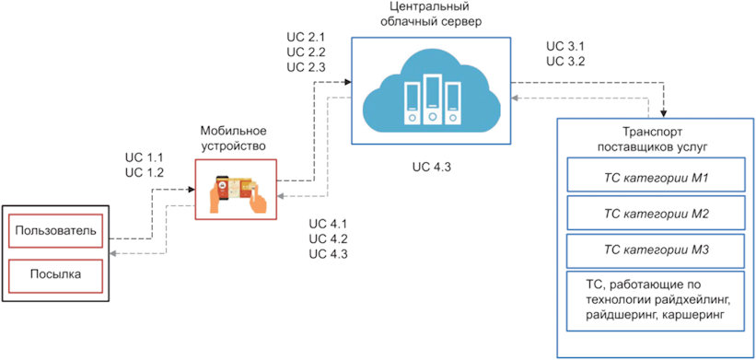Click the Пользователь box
pyautogui.click(x=55, y=230)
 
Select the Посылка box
pyautogui.click(x=55, y=276)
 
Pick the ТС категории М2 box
pyautogui.click(x=656, y=212)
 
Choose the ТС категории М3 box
pyautogui.click(x=656, y=250)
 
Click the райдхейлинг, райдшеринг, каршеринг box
pyautogui.click(x=656, y=301)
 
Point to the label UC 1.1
pyautogui.click(x=144, y=157)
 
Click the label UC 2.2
pyautogui.click(x=306, y=52)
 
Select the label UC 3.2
pyautogui.click(x=566, y=61)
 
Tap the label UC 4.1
pyautogui.click(x=328, y=225)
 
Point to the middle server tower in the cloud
pyautogui.click(x=432, y=99)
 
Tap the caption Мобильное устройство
pyautogui.click(x=233, y=138)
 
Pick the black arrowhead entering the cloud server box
pyautogui.click(x=347, y=83)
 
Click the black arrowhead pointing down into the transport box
pyautogui.click(x=664, y=114)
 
